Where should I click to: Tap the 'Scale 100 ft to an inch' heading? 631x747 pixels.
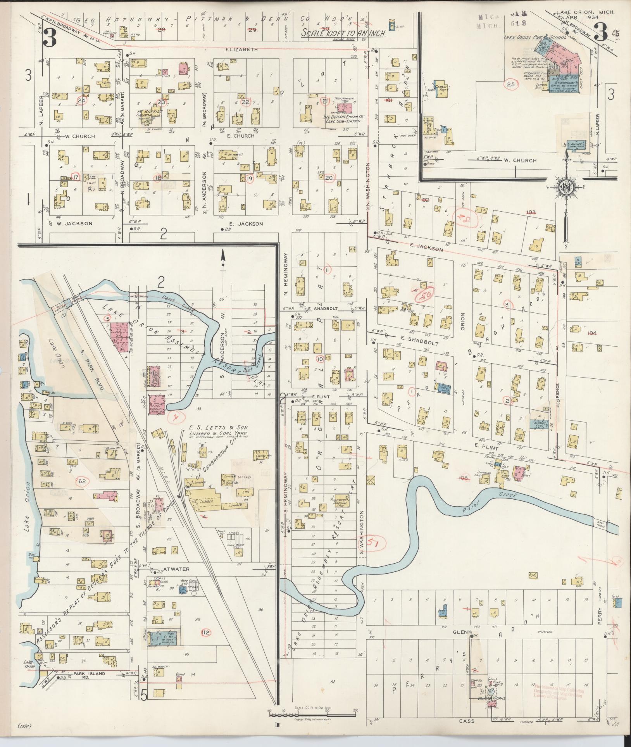[343, 33]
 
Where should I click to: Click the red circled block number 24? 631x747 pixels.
[81, 101]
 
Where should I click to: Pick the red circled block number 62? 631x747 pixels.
[82, 481]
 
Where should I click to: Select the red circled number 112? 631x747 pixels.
[206, 632]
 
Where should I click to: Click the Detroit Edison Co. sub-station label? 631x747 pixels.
[342, 119]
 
